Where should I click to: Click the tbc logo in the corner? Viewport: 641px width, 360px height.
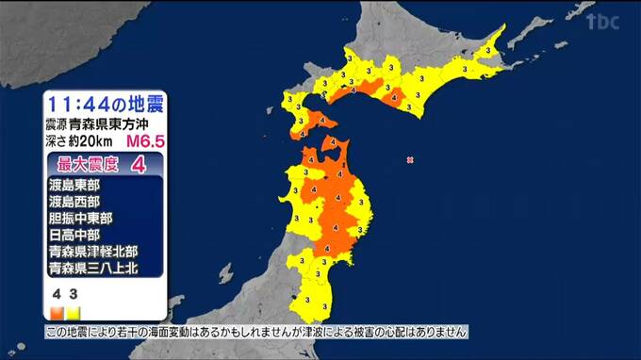[x=601, y=22]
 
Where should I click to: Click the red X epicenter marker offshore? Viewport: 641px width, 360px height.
[x=410, y=160]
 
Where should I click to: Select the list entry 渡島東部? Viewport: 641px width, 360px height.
[x=74, y=186]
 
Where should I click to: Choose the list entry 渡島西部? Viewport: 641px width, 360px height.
[x=74, y=202]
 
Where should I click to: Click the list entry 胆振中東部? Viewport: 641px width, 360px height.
[x=81, y=218]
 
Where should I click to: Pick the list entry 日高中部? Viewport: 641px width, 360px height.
[x=74, y=235]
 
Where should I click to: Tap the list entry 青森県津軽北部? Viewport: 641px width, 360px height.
[x=93, y=252]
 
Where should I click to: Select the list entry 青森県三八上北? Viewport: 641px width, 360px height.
[x=93, y=269]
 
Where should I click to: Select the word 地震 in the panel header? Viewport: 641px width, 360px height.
[x=139, y=103]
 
